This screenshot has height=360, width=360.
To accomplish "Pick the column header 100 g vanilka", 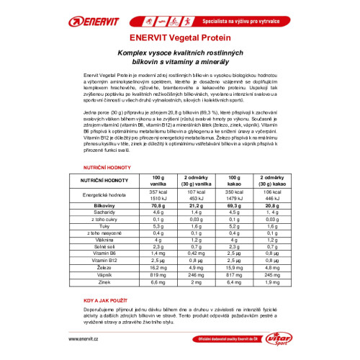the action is point(158,180).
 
